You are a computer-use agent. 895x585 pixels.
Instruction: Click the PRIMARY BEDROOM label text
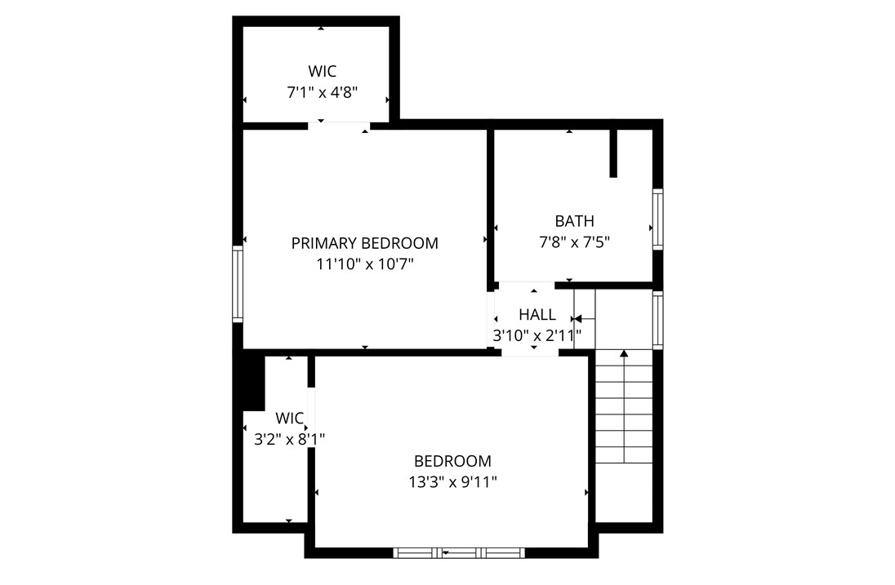(364, 243)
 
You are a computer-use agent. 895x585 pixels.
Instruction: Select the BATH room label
(574, 221)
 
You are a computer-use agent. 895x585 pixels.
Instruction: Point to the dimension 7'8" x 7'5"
(574, 242)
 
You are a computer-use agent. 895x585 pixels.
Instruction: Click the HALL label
(537, 315)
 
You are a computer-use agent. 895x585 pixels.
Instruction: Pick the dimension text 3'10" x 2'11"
(537, 335)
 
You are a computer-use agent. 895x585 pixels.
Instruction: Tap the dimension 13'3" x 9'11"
(452, 482)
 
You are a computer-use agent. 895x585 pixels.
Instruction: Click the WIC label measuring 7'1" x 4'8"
(322, 71)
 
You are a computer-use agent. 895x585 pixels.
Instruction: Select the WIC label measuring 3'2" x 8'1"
(289, 419)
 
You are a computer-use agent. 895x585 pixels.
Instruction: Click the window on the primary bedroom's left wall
(238, 284)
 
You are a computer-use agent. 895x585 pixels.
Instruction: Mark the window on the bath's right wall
(657, 219)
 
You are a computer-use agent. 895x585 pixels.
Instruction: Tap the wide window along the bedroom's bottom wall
(458, 553)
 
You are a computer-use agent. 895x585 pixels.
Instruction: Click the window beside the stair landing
(657, 320)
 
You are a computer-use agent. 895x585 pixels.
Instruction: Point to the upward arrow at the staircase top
(625, 354)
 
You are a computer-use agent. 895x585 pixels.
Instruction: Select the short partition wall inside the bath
(613, 153)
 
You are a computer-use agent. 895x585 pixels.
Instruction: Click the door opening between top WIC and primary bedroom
(339, 126)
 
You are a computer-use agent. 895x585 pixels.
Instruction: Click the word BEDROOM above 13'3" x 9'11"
(452, 461)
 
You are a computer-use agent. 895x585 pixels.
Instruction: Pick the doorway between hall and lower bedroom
(530, 353)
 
